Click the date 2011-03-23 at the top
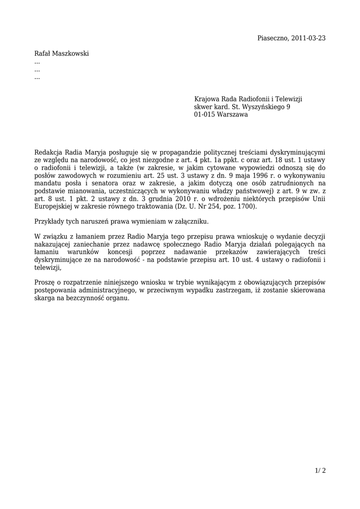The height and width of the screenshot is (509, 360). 308,38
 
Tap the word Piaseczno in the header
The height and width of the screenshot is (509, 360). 272,38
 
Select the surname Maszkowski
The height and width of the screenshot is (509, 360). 70,54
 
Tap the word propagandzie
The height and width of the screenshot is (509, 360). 177,153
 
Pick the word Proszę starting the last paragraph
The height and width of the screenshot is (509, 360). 44,282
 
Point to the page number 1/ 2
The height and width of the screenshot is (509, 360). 321,470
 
